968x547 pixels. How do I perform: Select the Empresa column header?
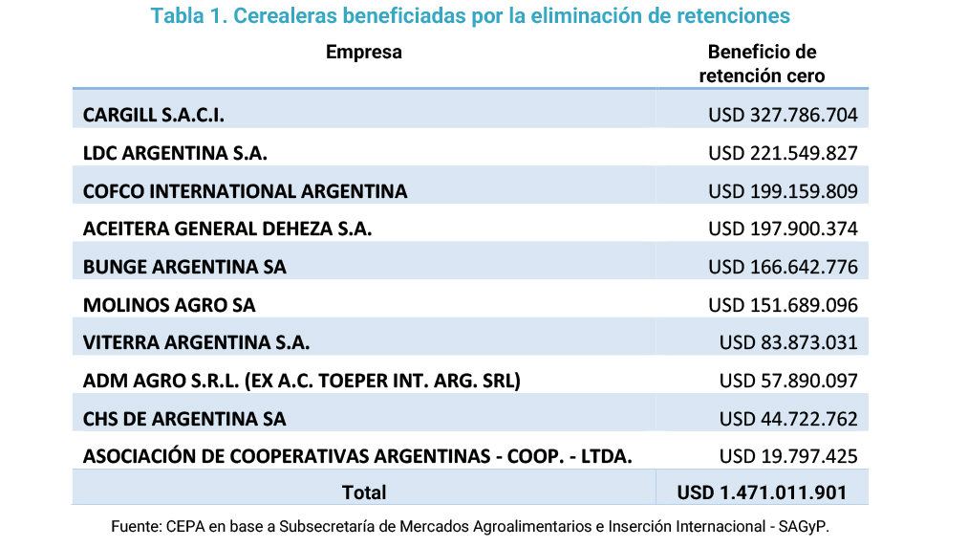tap(364, 53)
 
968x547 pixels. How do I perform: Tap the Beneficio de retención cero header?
tap(762, 63)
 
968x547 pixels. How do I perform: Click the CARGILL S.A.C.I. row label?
tap(154, 116)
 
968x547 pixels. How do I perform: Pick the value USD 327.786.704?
tap(783, 116)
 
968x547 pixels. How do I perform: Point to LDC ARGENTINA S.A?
tap(175, 153)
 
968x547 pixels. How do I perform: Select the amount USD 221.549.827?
tap(783, 153)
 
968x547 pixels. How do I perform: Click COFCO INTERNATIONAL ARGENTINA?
tap(245, 191)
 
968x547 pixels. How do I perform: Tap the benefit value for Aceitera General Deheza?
tap(783, 229)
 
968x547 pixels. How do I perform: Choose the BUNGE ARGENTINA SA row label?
tap(184, 267)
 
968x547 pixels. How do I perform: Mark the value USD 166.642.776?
tap(783, 267)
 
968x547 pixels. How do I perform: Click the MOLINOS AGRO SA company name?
tap(169, 305)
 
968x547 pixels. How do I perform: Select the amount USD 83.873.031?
tap(788, 342)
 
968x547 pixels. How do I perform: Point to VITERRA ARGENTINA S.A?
tap(196, 342)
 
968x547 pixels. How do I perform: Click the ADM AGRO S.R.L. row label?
tap(301, 381)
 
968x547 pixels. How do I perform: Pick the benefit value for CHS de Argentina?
tap(788, 419)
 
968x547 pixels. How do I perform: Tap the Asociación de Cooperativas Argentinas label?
tap(357, 456)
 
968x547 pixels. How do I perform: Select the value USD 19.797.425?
tap(788, 456)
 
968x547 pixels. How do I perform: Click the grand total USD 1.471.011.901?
tap(762, 492)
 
